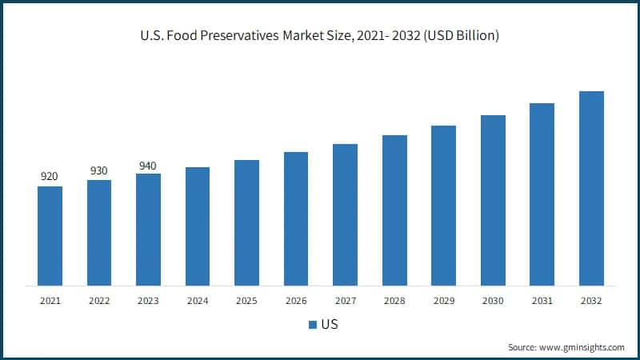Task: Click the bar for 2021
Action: coord(50,236)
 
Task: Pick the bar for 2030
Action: coord(493,200)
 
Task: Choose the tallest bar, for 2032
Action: coord(591,188)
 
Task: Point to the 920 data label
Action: coord(50,176)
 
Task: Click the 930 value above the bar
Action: coord(99,170)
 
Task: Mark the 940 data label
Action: coord(148,166)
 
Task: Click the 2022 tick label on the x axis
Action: coord(99,301)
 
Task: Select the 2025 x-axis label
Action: coord(246,301)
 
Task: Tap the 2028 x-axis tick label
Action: coord(394,301)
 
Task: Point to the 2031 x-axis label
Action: coord(542,301)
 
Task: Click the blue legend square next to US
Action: coord(312,325)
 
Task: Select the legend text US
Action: coord(329,325)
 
